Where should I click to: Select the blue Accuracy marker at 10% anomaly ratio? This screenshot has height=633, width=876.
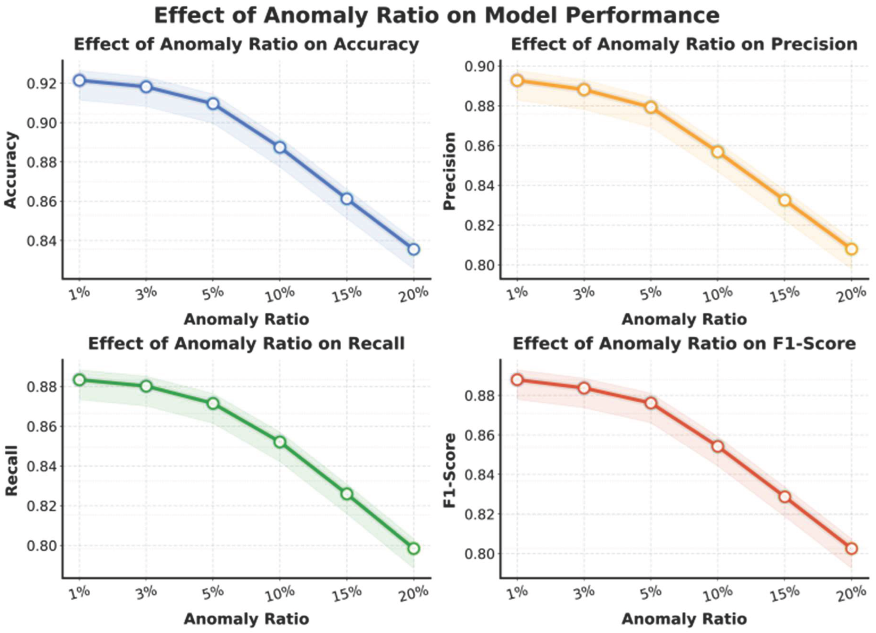pyautogui.click(x=280, y=148)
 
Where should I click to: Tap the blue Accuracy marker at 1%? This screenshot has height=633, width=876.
pyautogui.click(x=79, y=80)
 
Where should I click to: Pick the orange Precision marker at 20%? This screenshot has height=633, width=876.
pyautogui.click(x=851, y=249)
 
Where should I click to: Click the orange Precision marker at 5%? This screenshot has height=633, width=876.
pyautogui.click(x=651, y=107)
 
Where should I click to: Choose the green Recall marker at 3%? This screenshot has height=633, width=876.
pyautogui.click(x=146, y=386)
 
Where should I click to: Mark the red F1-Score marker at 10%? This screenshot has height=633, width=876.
pyautogui.click(x=717, y=446)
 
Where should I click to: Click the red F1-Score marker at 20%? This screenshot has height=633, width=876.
pyautogui.click(x=851, y=549)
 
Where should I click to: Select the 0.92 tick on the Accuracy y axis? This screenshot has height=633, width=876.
pyautogui.click(x=40, y=84)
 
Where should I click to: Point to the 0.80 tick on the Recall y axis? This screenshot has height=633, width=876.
pyautogui.click(x=40, y=546)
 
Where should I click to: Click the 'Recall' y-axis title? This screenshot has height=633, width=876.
pyautogui.click(x=12, y=471)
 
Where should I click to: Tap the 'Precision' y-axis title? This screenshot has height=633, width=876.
pyautogui.click(x=450, y=171)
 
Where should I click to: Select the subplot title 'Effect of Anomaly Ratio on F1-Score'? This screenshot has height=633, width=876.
pyautogui.click(x=684, y=344)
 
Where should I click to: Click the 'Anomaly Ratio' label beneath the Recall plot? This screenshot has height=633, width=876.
pyautogui.click(x=246, y=619)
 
